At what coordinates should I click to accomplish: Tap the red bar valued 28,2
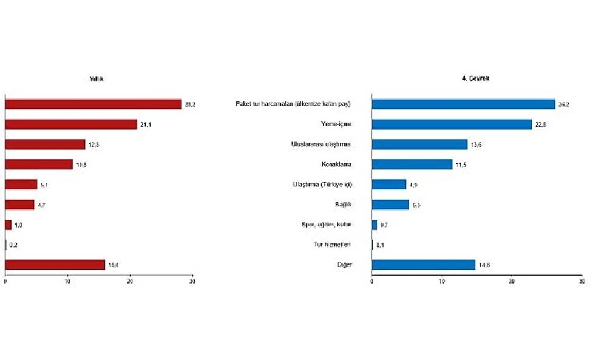93,104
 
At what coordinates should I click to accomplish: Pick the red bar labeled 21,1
71,124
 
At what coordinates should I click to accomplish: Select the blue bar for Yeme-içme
452,124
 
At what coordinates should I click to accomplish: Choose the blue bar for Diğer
423,265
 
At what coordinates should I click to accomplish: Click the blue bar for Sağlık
390,205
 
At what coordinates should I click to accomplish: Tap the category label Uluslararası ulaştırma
322,144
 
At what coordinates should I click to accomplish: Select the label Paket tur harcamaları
293,104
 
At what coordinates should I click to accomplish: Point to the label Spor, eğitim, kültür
327,225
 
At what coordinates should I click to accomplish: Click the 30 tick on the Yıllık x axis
192,282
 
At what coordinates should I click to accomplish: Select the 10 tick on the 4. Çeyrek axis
442,282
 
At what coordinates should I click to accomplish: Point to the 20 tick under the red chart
130,282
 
